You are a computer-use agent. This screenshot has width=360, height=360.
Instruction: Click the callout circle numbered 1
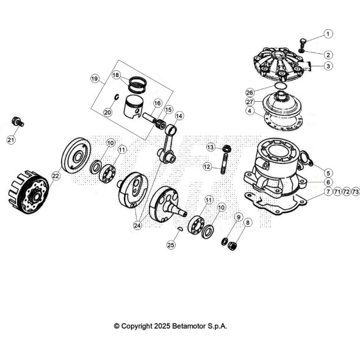point(328,34)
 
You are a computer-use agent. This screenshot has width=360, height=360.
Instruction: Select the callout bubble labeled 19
point(95,79)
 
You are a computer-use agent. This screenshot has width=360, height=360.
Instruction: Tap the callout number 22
point(56,176)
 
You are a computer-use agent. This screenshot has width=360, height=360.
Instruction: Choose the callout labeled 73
point(356,192)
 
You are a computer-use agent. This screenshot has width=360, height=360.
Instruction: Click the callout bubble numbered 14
point(179,115)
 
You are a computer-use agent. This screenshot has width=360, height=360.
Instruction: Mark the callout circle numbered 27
point(250,102)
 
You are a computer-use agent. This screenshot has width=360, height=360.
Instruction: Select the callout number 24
point(137,225)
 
